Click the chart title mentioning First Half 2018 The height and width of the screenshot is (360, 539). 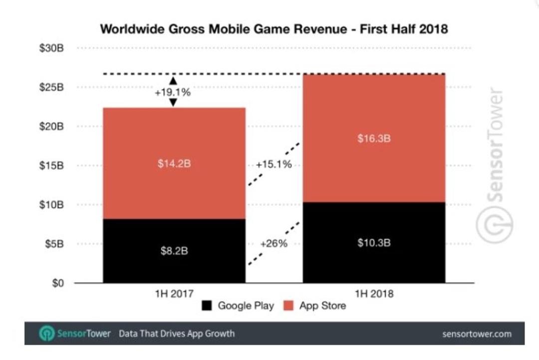click(x=274, y=29)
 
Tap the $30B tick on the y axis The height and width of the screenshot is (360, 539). click(x=51, y=48)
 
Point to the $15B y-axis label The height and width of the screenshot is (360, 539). click(x=51, y=166)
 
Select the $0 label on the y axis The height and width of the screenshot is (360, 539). click(x=58, y=283)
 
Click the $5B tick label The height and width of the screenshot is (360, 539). click(x=54, y=244)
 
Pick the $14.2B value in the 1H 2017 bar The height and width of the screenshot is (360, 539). click(x=174, y=163)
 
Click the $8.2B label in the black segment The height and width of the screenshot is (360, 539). click(x=174, y=251)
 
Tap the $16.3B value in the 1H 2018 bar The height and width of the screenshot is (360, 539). click(x=374, y=139)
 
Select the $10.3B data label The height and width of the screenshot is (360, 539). click(x=374, y=243)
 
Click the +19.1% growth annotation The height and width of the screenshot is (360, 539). click(x=173, y=92)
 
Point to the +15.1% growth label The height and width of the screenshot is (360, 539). click(x=273, y=164)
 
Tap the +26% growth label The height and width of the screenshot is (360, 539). click(x=273, y=244)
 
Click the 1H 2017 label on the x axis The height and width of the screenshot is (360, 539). click(x=174, y=294)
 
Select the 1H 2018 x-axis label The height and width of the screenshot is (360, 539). click(x=374, y=294)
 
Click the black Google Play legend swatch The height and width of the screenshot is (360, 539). click(x=207, y=306)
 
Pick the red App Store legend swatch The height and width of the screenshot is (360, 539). click(x=288, y=306)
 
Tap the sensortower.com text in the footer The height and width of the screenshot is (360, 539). click(x=477, y=334)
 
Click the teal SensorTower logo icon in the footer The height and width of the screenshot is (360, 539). click(x=47, y=333)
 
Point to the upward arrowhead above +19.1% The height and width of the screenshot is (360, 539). click(x=173, y=81)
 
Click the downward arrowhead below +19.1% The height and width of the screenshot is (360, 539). click(x=173, y=102)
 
